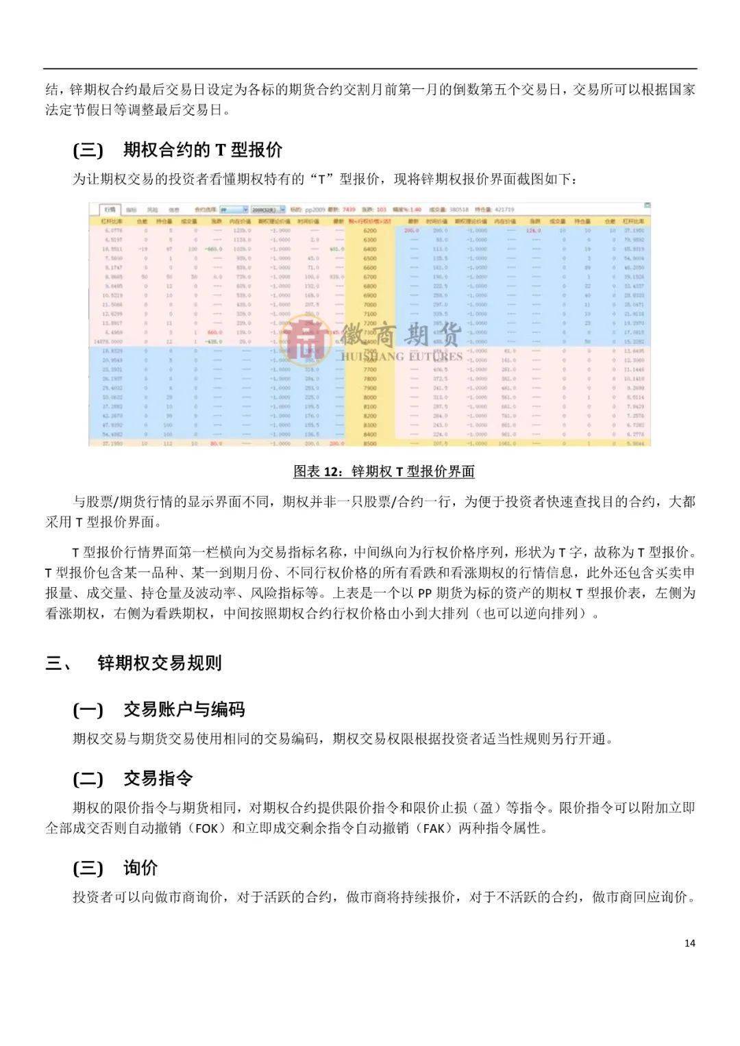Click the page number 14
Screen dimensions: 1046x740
point(689,943)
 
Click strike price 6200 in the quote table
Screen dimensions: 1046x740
point(370,232)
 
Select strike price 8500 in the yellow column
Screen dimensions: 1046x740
point(370,443)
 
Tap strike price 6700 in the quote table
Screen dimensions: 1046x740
point(370,277)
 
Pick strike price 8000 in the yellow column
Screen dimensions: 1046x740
point(370,397)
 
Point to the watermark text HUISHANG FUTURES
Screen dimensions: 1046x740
point(402,356)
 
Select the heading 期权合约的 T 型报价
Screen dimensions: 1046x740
point(202,150)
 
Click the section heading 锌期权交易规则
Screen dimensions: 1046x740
point(160,662)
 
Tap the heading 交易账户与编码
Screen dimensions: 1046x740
point(184,709)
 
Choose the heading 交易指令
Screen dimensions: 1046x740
point(158,778)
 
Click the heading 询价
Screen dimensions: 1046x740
point(140,868)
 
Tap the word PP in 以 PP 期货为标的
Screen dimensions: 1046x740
point(425,593)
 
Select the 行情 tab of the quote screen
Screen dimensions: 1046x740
point(110,209)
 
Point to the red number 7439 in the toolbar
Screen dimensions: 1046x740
point(349,209)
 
